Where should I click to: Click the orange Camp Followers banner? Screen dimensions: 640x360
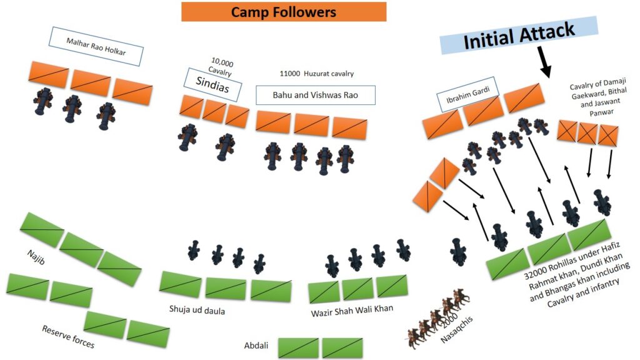284,12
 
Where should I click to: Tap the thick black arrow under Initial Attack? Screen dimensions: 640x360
544,62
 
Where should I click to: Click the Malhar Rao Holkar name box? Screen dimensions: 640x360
96,46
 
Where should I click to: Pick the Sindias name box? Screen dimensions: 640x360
212,85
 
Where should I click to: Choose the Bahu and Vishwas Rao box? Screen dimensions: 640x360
315,95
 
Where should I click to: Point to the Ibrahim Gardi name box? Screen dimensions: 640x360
467,94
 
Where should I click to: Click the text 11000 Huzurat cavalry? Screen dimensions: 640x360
316,74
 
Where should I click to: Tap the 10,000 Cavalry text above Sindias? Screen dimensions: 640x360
221,67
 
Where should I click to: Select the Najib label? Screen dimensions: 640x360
36,257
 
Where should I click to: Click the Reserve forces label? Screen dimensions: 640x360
68,337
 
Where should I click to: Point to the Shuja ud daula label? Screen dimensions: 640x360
197,310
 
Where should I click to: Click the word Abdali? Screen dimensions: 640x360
256,346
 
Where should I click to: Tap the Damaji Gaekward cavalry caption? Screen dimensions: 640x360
599,97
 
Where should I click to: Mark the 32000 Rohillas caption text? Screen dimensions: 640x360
577,274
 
